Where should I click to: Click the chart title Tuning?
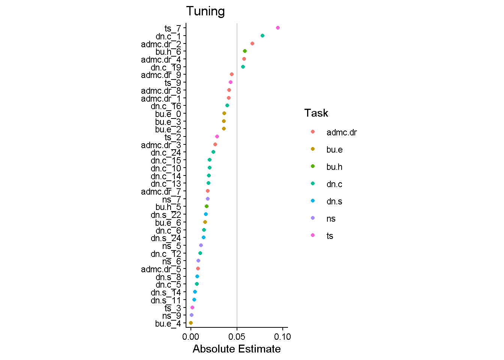205,11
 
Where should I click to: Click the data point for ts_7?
278,28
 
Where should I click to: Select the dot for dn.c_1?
262,36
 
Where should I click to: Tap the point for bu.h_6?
245,51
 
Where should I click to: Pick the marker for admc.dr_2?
252,43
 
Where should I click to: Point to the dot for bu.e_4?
191,323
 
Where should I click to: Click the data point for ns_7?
208,199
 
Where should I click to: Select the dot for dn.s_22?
206,214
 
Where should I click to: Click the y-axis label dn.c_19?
166,67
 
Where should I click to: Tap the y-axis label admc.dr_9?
161,75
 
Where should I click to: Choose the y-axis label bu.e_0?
168,114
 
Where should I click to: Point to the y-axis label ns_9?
171,316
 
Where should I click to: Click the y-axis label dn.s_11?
166,300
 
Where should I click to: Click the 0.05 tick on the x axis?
237,337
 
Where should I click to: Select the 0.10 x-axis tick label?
282,337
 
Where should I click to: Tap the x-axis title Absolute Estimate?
237,349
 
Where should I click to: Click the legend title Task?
316,113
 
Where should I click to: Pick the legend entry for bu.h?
334,167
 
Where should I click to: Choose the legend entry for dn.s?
334,201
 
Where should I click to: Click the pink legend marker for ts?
313,235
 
